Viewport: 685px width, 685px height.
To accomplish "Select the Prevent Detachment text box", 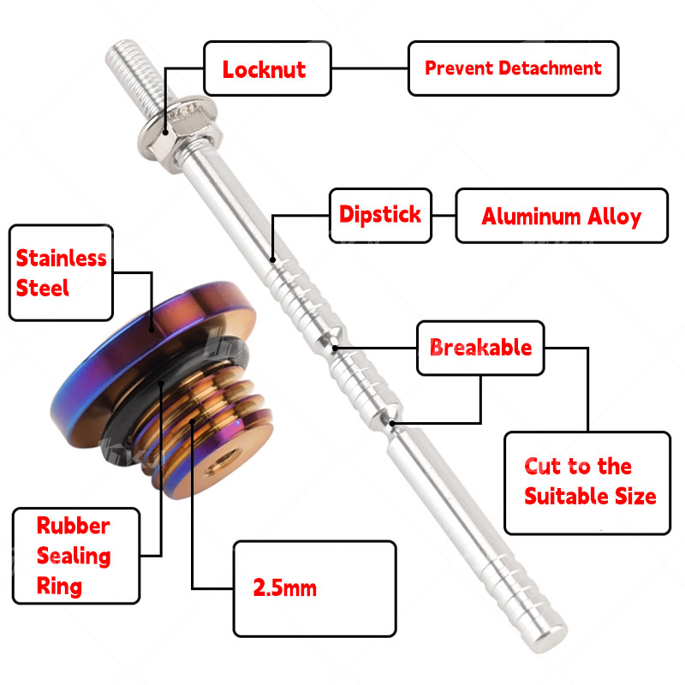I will pos(512,68).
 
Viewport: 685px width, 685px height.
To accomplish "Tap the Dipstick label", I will pos(380,214).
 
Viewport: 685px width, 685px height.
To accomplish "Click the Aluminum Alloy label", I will pos(561,216).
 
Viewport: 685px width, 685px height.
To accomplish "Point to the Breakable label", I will pos(480,348).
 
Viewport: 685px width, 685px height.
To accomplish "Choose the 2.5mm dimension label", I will pos(284,588).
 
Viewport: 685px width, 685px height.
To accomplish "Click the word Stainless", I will pos(62,258).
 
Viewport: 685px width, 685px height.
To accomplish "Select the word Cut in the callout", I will pos(543,467).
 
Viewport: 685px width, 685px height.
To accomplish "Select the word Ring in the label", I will pos(60,587).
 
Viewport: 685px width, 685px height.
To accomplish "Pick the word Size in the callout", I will pos(634,496).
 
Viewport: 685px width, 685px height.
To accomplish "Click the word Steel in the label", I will pos(43,287).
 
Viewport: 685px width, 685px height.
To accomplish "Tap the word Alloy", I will pos(615,216).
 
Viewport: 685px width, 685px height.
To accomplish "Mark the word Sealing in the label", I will pos(74,556).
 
